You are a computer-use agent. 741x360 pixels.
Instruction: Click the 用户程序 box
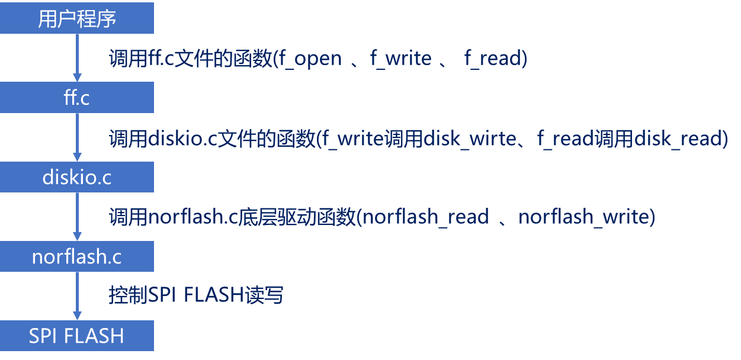pos(77,18)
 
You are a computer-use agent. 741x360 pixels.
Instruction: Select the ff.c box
pos(77,97)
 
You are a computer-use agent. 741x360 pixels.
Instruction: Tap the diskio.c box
pos(77,177)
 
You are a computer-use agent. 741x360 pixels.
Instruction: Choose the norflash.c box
pos(77,256)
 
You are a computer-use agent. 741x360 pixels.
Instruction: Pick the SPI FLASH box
pos(77,336)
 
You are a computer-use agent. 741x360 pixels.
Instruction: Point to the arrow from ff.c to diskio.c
pos(77,137)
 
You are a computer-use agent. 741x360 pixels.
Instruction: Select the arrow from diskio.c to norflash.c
pos(77,216)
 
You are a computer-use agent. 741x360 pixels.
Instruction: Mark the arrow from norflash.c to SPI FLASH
pos(77,296)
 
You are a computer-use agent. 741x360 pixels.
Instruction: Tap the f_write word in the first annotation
pos(401,59)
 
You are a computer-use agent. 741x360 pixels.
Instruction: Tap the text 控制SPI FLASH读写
pos(195,294)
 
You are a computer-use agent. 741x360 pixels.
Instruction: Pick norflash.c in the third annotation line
pos(193,217)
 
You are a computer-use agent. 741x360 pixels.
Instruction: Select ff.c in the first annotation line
pos(158,59)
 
